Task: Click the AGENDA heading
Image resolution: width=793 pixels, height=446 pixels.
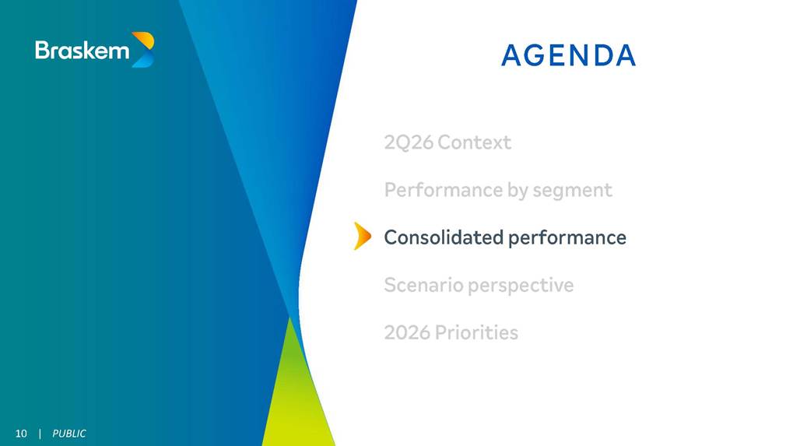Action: pos(568,55)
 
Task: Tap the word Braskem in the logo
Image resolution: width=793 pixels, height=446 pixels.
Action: pos(82,50)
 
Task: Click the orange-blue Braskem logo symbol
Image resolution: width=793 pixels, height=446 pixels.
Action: pos(142,50)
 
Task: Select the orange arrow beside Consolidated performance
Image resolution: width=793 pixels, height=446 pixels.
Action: pos(362,236)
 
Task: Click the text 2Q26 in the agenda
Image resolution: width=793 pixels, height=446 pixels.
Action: pos(409,142)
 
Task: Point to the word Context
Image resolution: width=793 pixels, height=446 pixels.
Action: pos(475,142)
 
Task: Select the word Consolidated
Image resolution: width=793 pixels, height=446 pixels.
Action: pos(444,237)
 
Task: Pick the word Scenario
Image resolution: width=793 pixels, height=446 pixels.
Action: pos(424,285)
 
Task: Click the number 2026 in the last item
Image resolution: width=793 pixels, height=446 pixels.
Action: pos(407,332)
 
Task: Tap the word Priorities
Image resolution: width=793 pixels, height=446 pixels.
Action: pos(476,332)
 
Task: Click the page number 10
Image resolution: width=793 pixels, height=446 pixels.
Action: pos(21,434)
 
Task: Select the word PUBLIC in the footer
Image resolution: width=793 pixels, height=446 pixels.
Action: pos(69,434)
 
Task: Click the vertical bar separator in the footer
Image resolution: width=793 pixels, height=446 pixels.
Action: pos(40,434)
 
